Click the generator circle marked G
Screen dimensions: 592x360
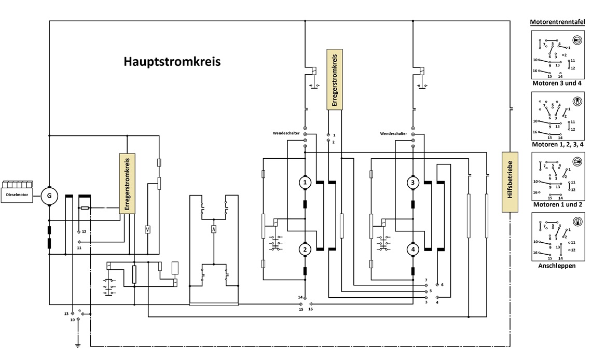pos(49,196)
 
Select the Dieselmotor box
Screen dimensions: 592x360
pos(17,195)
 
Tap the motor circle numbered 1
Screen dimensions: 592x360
pos(305,183)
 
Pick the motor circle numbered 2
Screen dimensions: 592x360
pos(305,249)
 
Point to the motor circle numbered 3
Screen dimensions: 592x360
pos(412,183)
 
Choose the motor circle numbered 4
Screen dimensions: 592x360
pos(412,249)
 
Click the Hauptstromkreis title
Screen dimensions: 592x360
pos(172,62)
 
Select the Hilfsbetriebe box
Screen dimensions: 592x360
pos(510,182)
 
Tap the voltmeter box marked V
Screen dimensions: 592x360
pos(148,229)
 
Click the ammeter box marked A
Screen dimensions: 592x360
pos(213,229)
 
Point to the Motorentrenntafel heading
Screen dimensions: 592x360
pos(557,22)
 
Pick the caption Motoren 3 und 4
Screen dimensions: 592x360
pos(557,83)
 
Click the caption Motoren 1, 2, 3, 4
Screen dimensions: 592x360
pos(558,144)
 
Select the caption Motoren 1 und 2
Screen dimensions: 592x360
pos(558,204)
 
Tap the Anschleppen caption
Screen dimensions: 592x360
pos(557,266)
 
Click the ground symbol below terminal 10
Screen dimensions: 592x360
pos(78,345)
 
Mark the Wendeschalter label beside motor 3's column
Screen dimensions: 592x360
pos(393,134)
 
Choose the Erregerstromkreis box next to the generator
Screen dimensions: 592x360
pos(127,184)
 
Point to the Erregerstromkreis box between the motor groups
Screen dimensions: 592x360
pos(335,79)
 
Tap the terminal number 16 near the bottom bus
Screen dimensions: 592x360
pos(310,309)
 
